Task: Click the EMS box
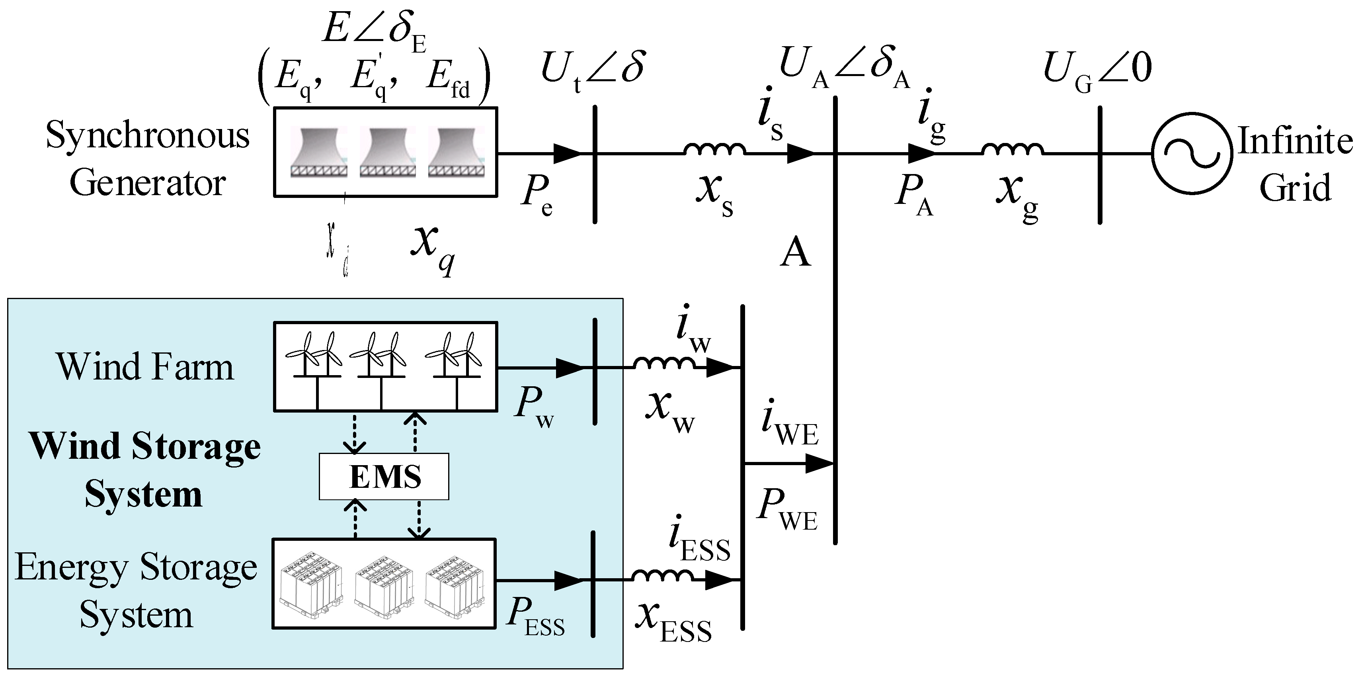point(384,476)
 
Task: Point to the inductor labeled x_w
point(665,364)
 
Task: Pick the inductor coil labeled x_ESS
point(663,577)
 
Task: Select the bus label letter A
point(795,253)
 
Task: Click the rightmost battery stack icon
point(456,585)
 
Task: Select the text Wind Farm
point(145,367)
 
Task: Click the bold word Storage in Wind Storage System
point(196,447)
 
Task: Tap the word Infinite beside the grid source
point(1296,142)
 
